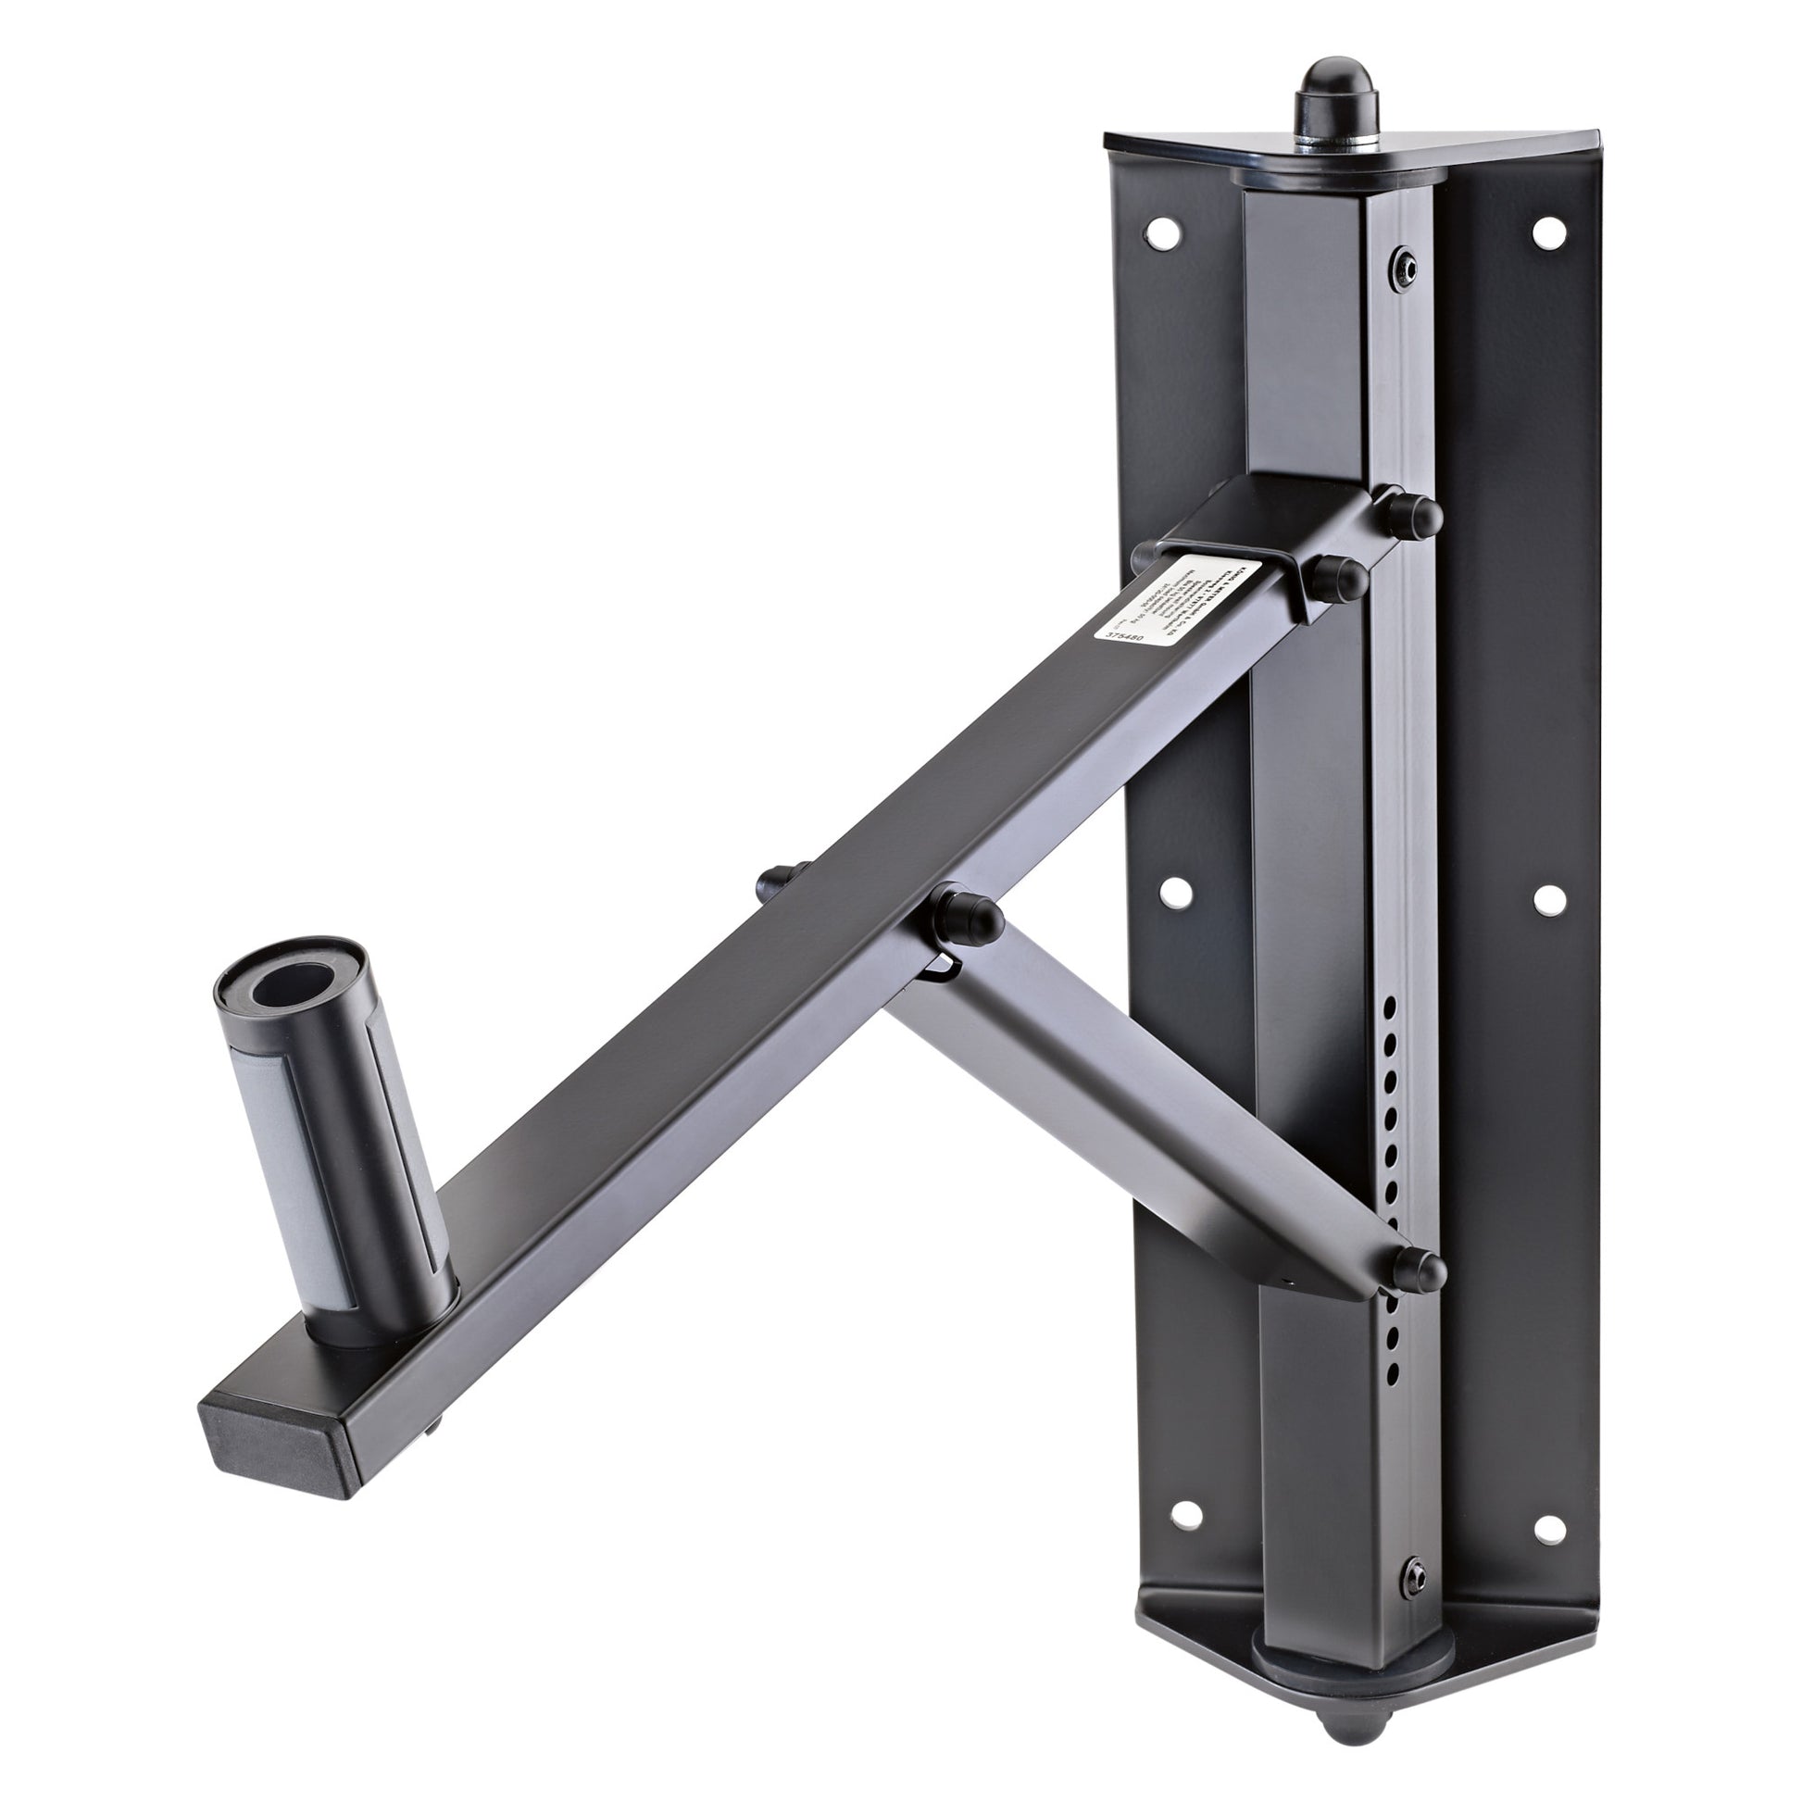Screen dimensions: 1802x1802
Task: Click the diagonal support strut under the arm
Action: [x=1147, y=1120]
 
